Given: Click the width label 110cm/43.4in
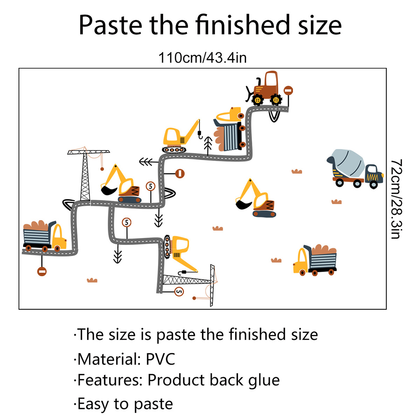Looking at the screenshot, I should [202, 57].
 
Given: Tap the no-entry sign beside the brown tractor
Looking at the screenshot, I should [288, 91].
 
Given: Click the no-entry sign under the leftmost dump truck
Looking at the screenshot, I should [41, 272].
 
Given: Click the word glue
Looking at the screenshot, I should [263, 381].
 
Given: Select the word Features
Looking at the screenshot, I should [110, 381].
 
